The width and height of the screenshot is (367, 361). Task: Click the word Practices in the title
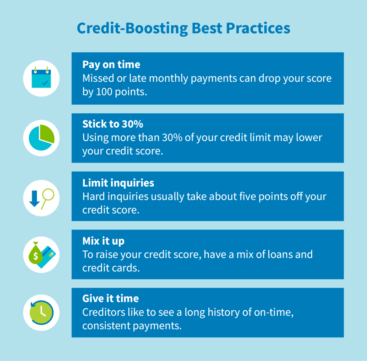click(258, 28)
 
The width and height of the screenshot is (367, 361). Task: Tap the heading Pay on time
click(111, 64)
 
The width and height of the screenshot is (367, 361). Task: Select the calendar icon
click(41, 78)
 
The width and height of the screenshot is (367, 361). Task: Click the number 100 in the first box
click(104, 92)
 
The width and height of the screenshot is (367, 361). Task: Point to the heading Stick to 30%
click(113, 124)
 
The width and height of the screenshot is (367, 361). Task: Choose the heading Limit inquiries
click(118, 183)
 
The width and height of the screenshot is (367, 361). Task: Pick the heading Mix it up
click(103, 241)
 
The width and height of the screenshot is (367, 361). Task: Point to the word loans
click(274, 255)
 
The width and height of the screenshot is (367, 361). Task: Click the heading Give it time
click(110, 299)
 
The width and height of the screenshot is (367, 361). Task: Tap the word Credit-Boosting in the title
click(132, 28)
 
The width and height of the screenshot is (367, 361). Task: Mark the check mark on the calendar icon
click(45, 83)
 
